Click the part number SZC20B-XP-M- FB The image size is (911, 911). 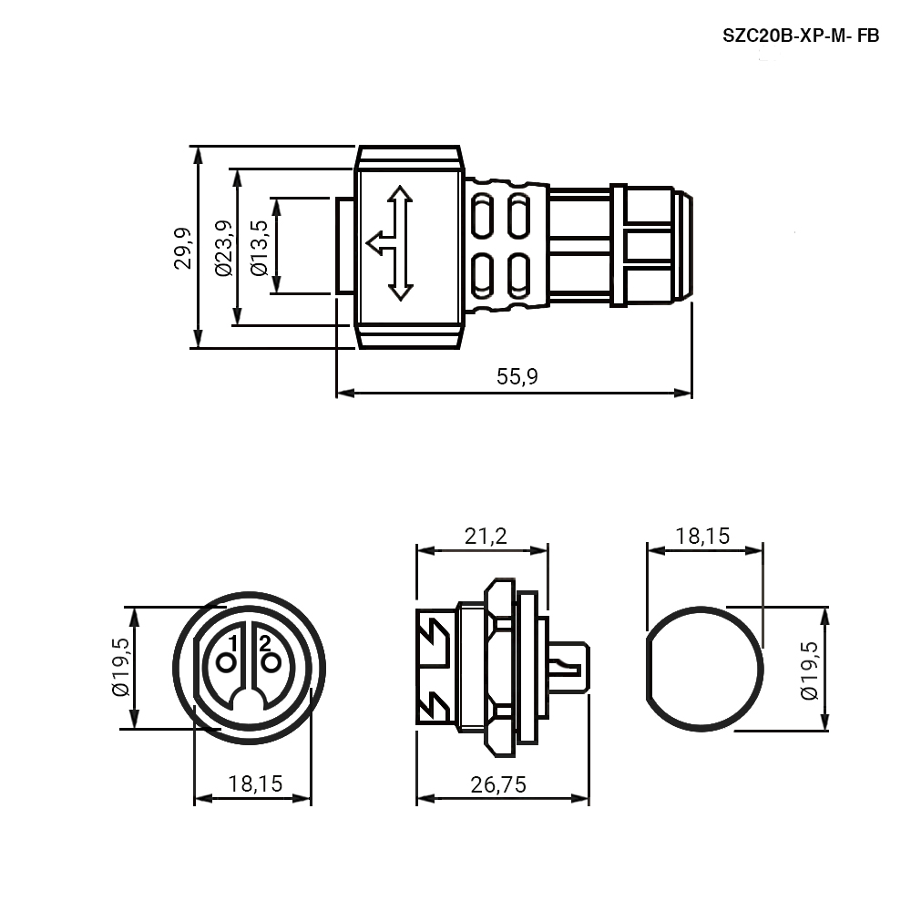[801, 36]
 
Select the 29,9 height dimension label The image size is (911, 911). [183, 248]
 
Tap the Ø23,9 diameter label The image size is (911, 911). [224, 248]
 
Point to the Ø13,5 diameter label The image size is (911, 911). [259, 248]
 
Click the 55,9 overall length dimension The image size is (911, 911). [517, 376]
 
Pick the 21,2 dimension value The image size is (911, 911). [486, 536]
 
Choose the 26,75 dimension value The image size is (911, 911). [498, 784]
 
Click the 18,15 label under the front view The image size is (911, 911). [255, 783]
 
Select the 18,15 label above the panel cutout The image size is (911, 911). [702, 536]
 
